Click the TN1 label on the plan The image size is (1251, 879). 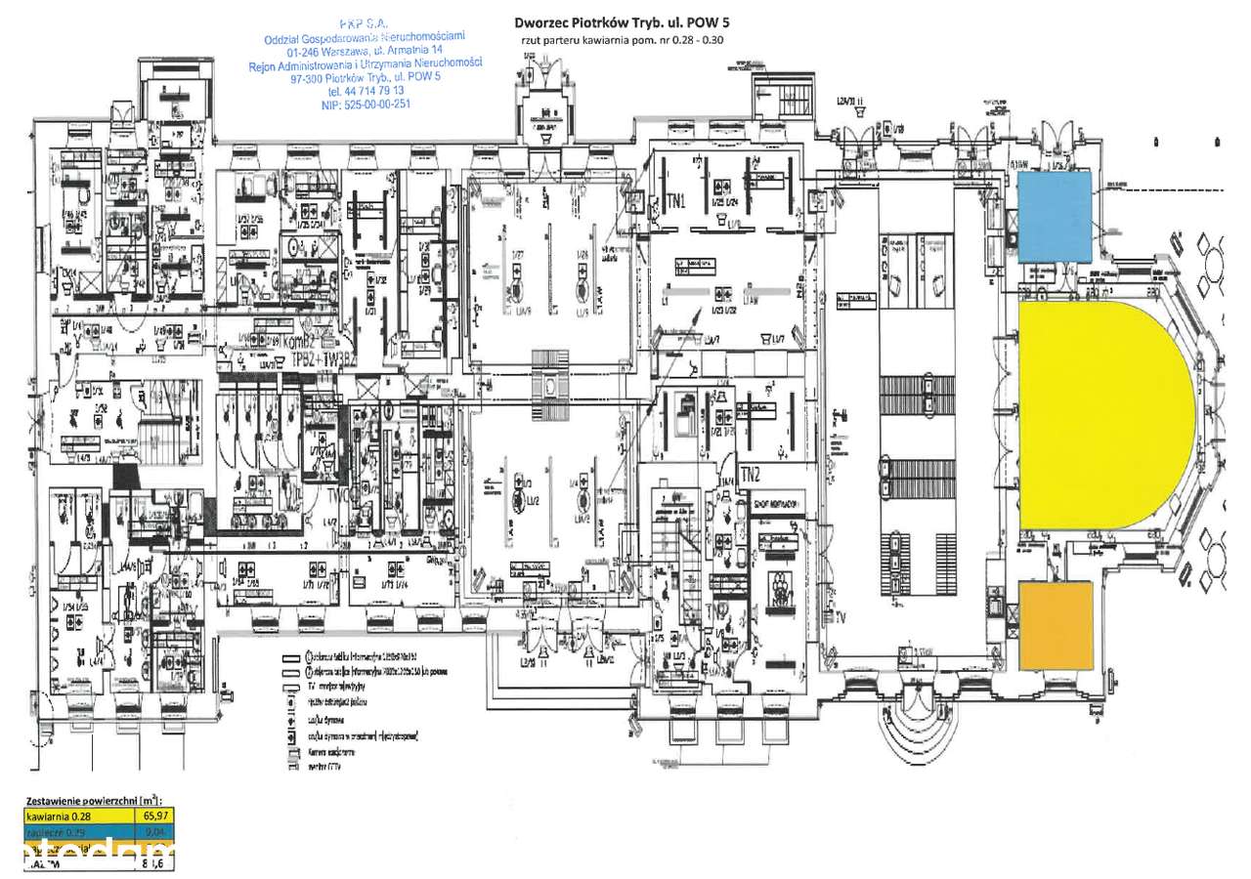coord(676,202)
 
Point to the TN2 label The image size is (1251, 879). coord(751,476)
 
